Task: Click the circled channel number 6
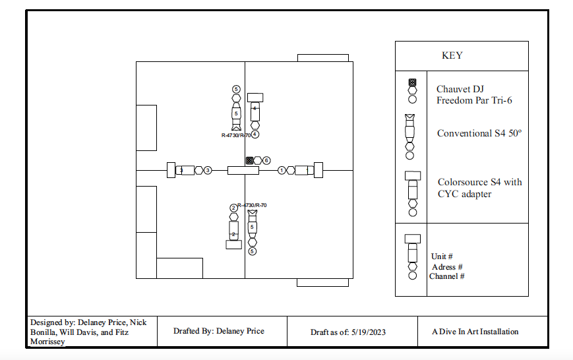(266, 160)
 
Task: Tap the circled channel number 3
(208, 170)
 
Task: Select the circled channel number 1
(282, 170)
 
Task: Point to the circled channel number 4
(255, 134)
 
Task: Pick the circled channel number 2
(233, 208)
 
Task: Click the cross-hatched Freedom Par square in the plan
(249, 160)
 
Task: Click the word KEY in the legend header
(452, 55)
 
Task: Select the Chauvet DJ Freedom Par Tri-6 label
(474, 94)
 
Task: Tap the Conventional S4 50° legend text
(479, 133)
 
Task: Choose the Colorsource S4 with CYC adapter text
(479, 187)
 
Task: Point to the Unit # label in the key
(442, 256)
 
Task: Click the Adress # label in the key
(446, 267)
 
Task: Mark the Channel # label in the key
(446, 276)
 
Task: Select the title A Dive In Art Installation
(475, 332)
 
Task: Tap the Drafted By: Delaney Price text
(218, 331)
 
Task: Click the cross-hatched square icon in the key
(413, 82)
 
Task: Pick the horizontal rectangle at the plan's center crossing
(243, 170)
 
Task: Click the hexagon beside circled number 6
(258, 160)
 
